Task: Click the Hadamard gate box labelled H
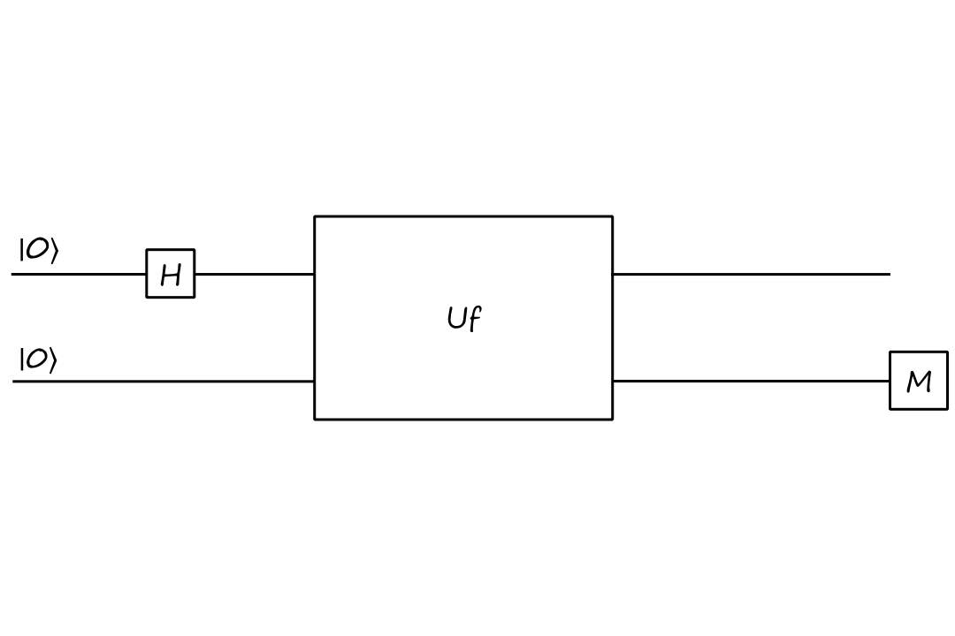tap(171, 274)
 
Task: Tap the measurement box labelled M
tap(919, 381)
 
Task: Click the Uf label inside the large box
tap(463, 318)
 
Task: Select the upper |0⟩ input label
tap(39, 251)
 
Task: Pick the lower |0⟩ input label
tap(39, 360)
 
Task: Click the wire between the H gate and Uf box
tap(255, 274)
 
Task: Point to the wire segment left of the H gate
tap(80, 274)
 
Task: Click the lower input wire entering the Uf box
tap(164, 382)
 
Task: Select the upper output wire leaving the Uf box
tap(752, 274)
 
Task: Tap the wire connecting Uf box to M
tap(752, 382)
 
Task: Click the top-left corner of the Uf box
tap(315, 216)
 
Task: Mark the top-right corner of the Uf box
tap(612, 216)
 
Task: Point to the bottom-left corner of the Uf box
tap(315, 419)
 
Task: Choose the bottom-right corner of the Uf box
tap(612, 419)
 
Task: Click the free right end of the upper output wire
tap(889, 274)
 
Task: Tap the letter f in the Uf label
tap(475, 319)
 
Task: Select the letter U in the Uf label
tap(456, 318)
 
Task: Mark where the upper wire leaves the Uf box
tap(613, 274)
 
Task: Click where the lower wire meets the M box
tap(890, 382)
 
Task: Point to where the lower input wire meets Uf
tap(315, 382)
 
